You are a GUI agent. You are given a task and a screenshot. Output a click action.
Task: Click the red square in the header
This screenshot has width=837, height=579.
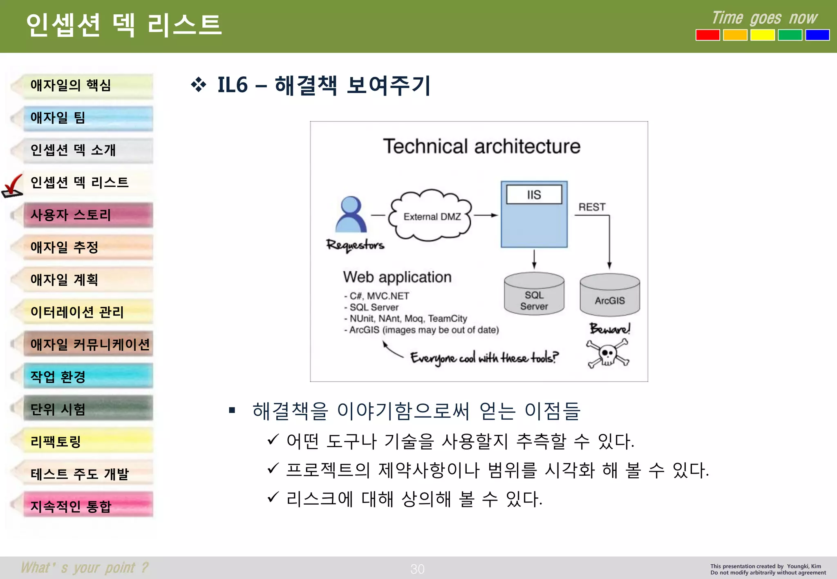(707, 35)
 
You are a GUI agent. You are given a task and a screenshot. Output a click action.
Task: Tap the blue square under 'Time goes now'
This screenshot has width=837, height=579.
(817, 35)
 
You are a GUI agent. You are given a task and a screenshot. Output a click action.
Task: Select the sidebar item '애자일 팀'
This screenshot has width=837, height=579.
(88, 118)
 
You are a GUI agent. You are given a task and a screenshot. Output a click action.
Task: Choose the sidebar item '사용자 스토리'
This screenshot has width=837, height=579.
(88, 215)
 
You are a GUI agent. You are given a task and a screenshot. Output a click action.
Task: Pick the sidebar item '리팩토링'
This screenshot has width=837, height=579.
(88, 441)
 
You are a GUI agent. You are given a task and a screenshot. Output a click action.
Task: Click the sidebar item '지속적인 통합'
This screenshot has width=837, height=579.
(88, 506)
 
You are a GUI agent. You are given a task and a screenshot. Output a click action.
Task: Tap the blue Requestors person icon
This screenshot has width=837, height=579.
(351, 215)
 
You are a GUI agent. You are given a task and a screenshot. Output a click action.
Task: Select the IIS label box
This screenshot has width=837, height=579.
(534, 195)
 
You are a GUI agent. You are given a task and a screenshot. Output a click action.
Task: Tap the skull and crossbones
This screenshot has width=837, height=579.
(608, 354)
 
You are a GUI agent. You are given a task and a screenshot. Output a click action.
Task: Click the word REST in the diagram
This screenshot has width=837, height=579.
(592, 207)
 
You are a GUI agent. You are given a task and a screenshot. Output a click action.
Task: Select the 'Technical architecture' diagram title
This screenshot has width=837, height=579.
(481, 147)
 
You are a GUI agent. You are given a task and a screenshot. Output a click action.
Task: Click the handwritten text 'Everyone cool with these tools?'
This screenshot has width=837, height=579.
(484, 358)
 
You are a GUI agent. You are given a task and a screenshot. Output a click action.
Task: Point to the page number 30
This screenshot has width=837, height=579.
(417, 569)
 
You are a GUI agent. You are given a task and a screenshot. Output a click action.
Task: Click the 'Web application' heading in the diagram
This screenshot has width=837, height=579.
(397, 277)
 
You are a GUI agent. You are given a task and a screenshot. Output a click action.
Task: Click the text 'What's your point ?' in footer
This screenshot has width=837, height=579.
(85, 568)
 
